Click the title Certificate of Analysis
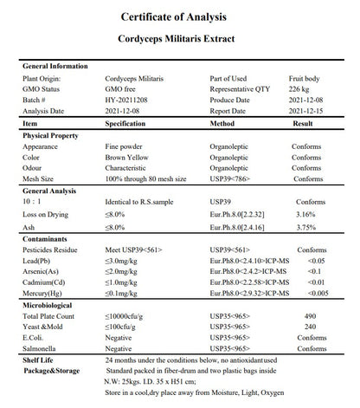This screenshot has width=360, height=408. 180,17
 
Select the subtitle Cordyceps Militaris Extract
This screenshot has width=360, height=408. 180,40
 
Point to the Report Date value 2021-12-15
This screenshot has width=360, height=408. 309,112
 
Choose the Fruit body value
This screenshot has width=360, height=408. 307,78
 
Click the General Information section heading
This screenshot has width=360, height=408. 55,67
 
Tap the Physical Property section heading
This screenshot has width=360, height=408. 52,136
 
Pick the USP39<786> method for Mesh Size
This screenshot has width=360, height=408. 232,180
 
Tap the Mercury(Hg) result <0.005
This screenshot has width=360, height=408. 314,293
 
